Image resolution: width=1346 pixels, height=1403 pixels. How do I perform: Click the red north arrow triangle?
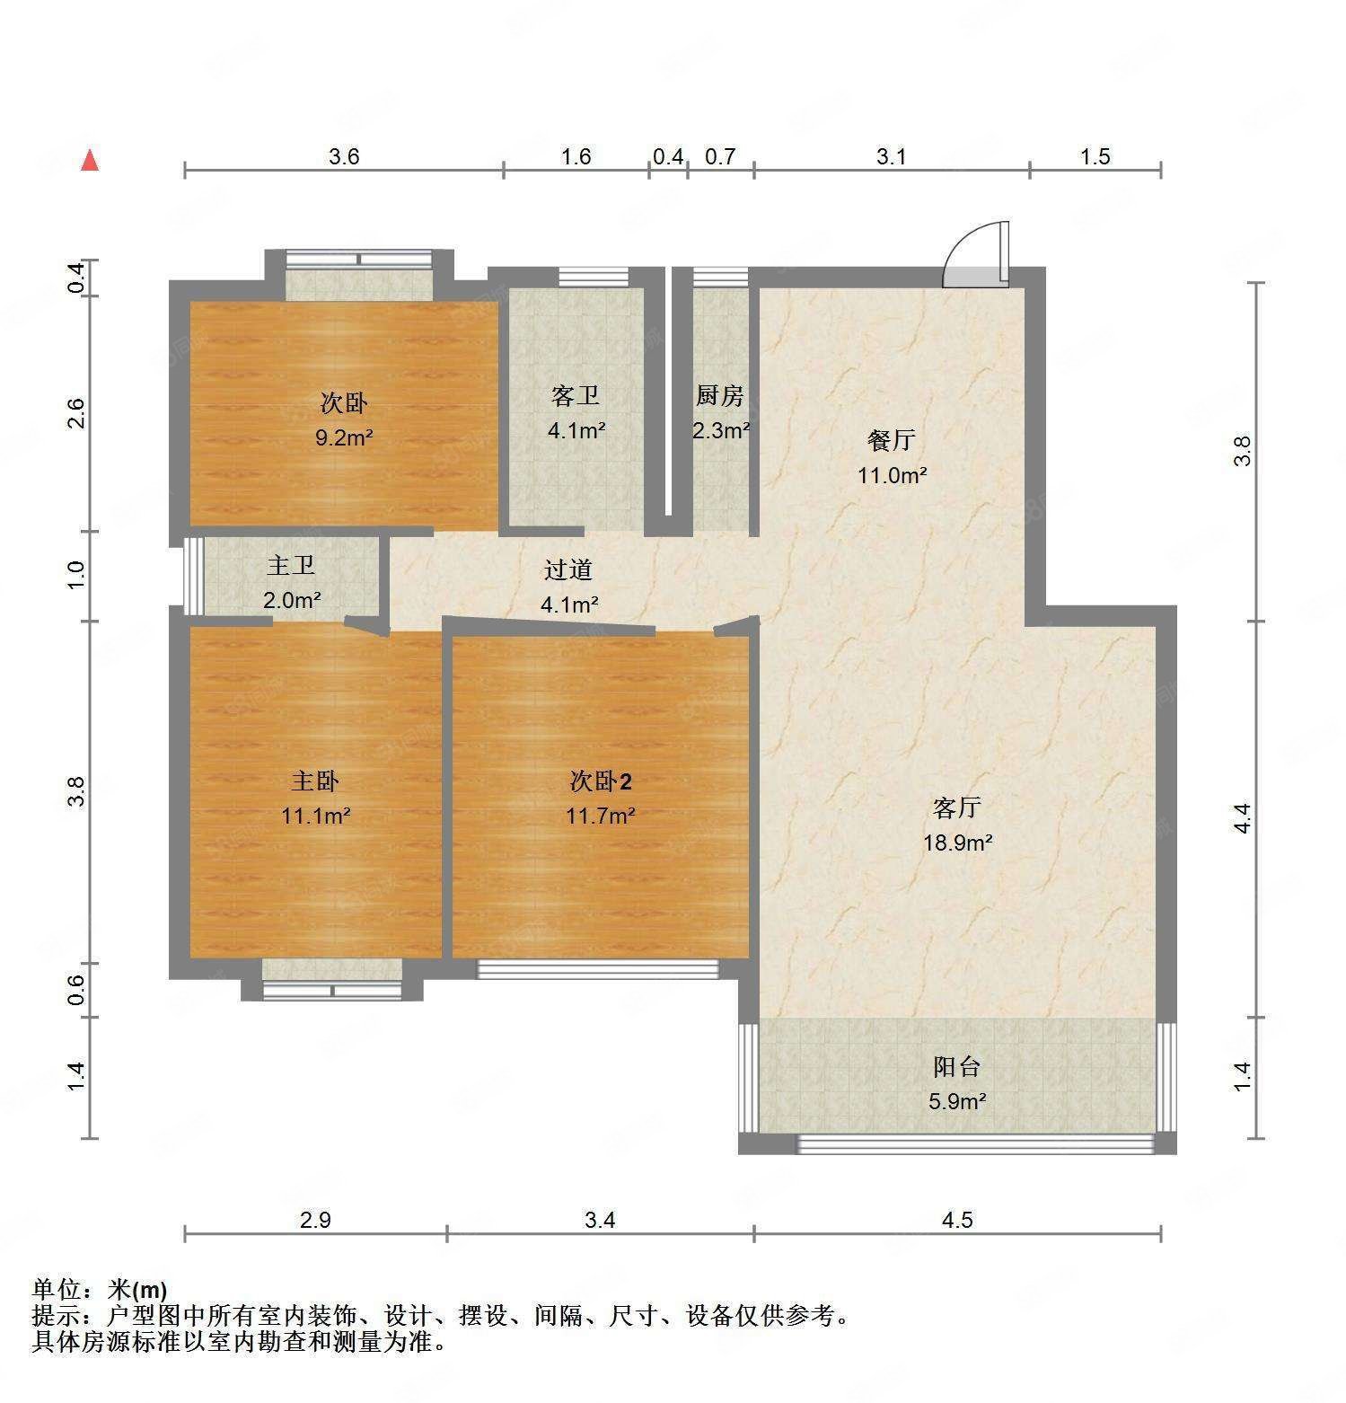coord(90,161)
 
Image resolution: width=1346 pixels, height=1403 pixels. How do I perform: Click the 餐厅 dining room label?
coord(891,440)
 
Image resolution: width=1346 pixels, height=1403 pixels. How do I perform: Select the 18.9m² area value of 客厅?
coord(957,843)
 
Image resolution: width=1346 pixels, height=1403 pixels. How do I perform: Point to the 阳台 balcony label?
coord(956,1067)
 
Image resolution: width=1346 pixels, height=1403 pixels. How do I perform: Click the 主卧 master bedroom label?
coord(314,781)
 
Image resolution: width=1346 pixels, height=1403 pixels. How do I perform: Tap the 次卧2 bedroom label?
coord(601,781)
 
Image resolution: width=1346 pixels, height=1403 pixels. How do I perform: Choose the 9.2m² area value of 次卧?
coord(344,438)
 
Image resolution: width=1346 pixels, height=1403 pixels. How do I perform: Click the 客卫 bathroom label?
coord(575,395)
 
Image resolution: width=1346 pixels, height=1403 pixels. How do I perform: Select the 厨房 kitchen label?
coord(719,395)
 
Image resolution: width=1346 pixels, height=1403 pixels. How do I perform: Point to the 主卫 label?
coord(291,566)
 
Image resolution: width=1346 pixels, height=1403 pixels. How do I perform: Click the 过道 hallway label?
coord(568,569)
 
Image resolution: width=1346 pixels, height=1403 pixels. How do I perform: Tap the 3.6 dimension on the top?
coord(344,157)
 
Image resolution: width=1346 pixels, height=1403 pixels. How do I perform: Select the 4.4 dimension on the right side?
coord(1242,817)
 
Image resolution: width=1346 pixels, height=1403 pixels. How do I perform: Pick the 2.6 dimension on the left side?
coord(76,414)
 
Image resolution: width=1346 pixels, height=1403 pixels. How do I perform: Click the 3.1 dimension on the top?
coord(891,157)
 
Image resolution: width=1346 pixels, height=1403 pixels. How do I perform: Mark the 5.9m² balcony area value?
coord(957,1101)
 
